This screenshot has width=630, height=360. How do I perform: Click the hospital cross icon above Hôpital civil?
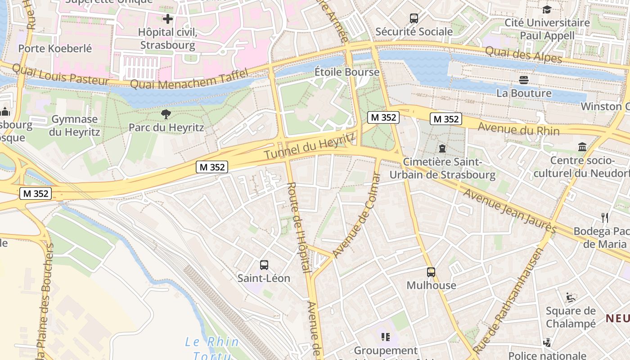click(168, 19)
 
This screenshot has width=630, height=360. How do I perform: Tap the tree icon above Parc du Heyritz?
click(166, 114)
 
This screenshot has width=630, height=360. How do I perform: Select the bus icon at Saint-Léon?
click(264, 265)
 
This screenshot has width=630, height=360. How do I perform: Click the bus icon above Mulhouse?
click(431, 272)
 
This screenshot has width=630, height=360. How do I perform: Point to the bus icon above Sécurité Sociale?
click(414, 18)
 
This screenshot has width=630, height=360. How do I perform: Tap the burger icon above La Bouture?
click(524, 80)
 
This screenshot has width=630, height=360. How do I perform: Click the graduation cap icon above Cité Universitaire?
click(547, 9)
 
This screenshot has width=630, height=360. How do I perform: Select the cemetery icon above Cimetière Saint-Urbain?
click(442, 148)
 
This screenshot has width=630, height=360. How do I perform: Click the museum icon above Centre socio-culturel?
click(582, 147)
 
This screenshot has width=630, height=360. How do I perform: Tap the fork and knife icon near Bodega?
click(605, 218)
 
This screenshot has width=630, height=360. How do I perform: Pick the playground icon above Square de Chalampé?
click(570, 297)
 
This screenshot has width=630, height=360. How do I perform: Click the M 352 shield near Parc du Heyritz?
click(212, 167)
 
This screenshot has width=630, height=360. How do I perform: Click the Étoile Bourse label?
click(346, 72)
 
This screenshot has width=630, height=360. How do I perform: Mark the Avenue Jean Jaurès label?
click(509, 211)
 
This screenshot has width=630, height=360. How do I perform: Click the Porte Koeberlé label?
click(55, 48)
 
